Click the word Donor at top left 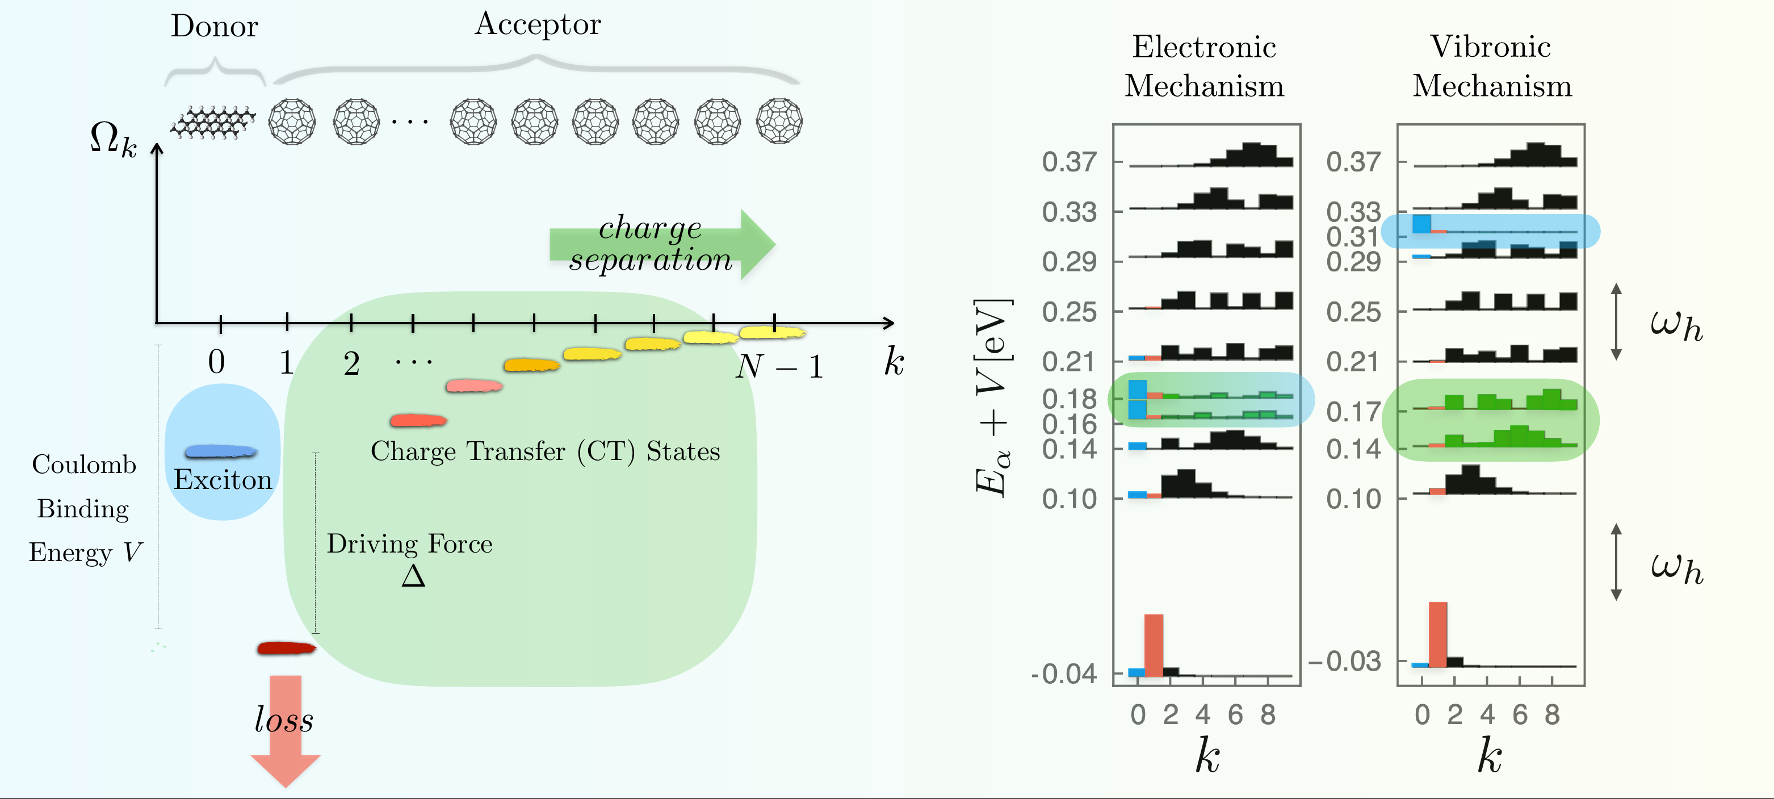click(x=214, y=27)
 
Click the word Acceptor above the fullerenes click(x=537, y=25)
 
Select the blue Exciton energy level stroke click(x=221, y=451)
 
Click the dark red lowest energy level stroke click(x=286, y=648)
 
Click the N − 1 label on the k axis click(x=779, y=366)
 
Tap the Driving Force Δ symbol click(x=413, y=576)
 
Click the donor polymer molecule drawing click(x=213, y=123)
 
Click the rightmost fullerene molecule click(x=779, y=121)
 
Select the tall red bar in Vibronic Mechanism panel click(x=1437, y=634)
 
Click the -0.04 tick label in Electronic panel click(x=1064, y=673)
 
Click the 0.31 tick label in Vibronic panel click(x=1353, y=237)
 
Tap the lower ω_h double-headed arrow click(x=1616, y=562)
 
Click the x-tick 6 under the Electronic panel click(x=1235, y=715)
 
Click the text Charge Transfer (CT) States click(x=545, y=451)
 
